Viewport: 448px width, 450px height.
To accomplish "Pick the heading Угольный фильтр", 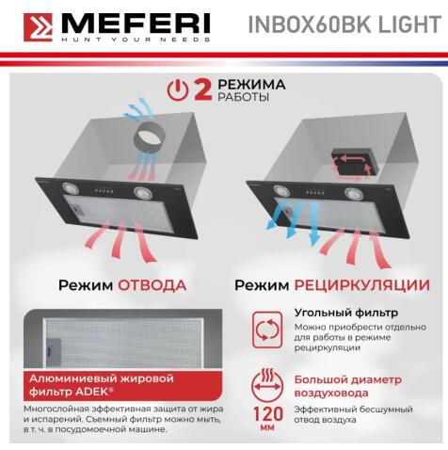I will (x=332, y=312).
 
